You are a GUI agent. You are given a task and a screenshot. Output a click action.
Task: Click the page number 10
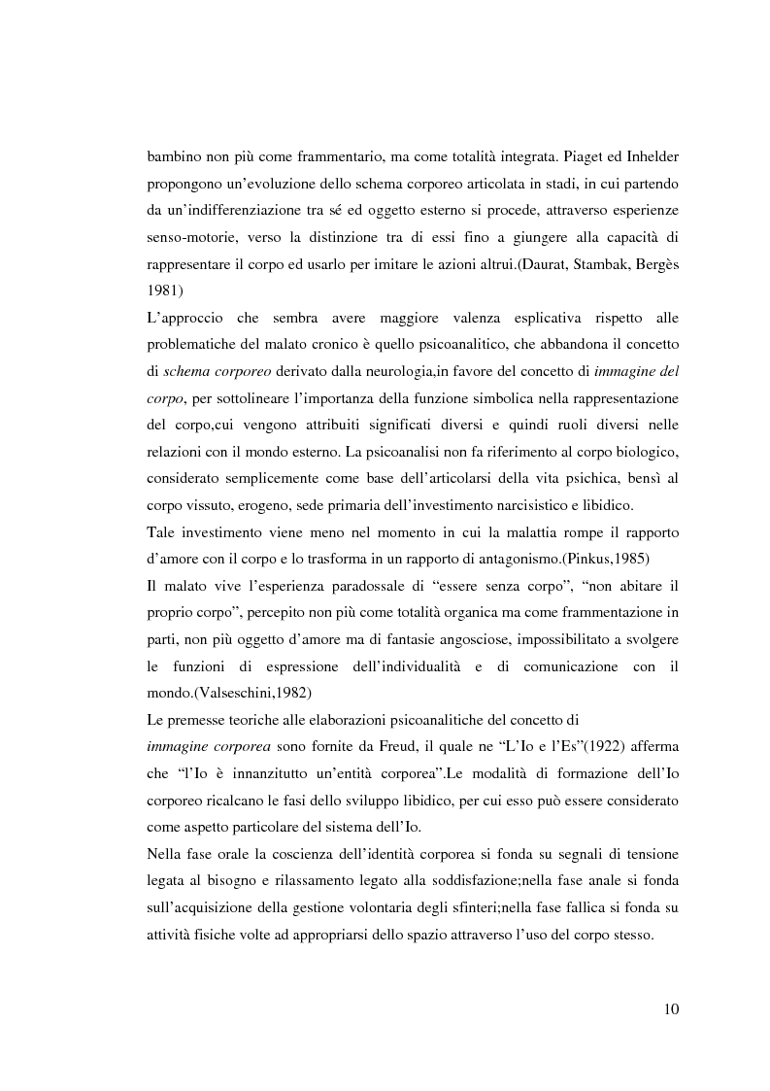tap(671, 1008)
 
